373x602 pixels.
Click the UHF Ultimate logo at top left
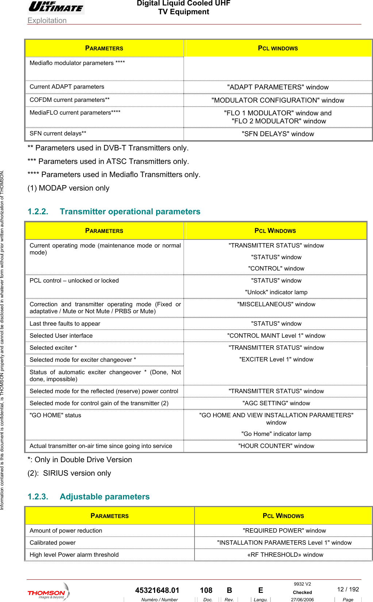(56, 7)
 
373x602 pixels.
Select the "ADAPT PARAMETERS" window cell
(278, 87)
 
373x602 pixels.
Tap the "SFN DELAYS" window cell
(278, 134)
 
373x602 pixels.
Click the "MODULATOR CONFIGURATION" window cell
(278, 100)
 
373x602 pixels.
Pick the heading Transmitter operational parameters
(130, 212)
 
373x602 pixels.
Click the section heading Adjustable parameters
(104, 497)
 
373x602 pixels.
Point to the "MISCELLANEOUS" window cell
(276, 304)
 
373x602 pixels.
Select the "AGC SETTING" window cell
(276, 403)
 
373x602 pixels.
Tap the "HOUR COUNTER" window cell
(276, 446)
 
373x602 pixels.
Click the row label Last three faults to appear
(65, 324)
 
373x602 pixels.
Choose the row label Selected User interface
(61, 336)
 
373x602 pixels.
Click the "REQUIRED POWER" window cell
(284, 531)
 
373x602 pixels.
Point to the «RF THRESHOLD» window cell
(285, 555)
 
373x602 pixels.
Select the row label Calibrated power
(53, 543)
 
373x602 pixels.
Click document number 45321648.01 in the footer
(157, 590)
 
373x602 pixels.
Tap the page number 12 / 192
(348, 589)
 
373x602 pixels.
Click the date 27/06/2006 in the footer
(302, 599)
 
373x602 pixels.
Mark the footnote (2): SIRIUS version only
(69, 473)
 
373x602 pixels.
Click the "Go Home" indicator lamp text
(276, 434)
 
